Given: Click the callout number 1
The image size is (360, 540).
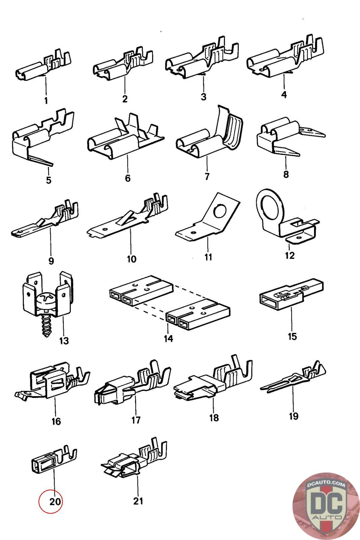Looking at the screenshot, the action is [x=46, y=101].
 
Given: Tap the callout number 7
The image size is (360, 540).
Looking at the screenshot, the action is [x=207, y=177].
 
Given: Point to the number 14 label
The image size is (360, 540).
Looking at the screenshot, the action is [x=168, y=339].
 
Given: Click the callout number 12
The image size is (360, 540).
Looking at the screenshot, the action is [x=289, y=255].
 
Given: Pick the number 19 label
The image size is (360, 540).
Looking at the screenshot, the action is [x=294, y=416].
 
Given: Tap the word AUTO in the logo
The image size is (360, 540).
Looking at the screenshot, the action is [x=327, y=517].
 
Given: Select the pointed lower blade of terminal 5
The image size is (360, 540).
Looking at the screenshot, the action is [x=40, y=160].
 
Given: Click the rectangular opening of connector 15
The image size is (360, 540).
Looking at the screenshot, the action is [x=268, y=301].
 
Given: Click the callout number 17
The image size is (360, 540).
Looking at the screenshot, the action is [x=136, y=420].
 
